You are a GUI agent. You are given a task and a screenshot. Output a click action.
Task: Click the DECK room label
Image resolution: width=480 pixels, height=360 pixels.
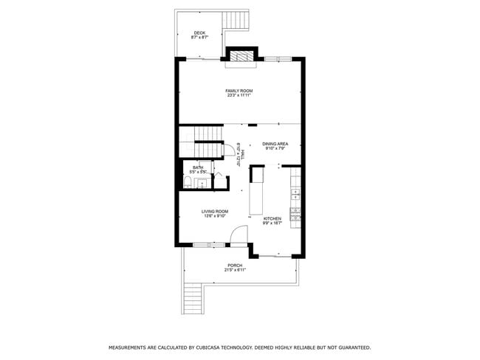199,33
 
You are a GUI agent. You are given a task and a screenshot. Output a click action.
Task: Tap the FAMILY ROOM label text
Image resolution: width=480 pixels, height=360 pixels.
239,91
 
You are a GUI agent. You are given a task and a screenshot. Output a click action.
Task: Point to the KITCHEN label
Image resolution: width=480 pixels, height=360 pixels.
272,218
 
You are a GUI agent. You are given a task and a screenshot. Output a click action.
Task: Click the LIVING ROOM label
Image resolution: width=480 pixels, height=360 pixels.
215,212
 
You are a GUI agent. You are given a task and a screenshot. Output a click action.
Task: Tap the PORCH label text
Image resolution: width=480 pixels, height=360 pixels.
235,266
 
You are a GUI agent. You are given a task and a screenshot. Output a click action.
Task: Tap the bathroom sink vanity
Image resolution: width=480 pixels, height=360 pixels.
202,183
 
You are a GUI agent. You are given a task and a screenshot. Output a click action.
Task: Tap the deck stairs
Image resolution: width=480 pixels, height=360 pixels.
238,20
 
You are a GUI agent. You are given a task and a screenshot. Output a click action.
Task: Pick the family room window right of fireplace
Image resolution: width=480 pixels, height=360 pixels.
278,58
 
